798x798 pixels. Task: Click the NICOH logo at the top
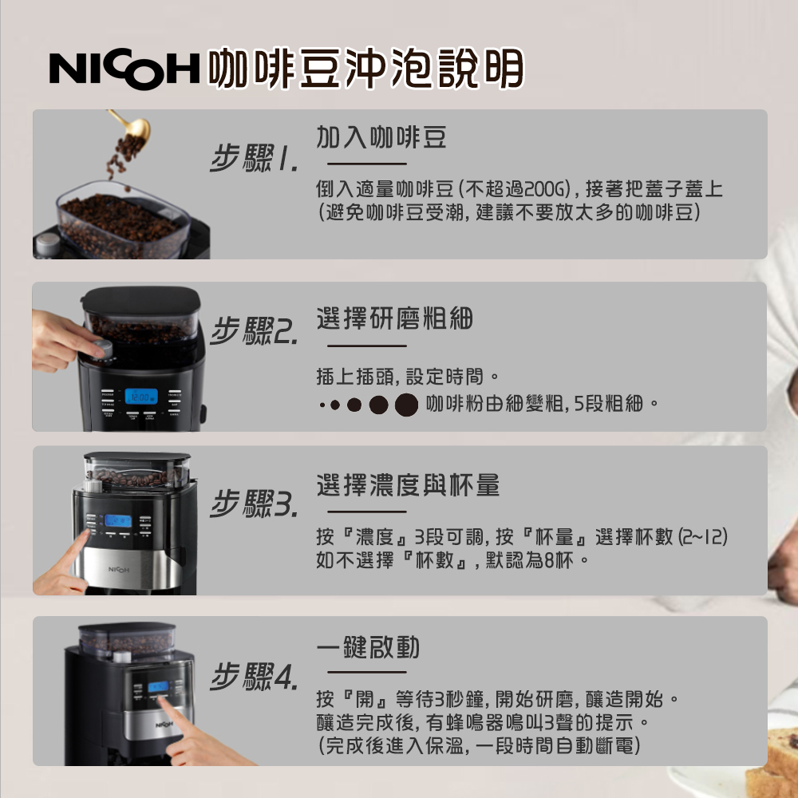click(x=124, y=69)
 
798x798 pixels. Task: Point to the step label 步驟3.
click(x=255, y=504)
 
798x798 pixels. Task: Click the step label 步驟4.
click(x=255, y=678)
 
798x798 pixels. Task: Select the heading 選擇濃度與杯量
click(x=408, y=484)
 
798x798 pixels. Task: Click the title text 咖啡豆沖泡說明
click(x=365, y=69)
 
